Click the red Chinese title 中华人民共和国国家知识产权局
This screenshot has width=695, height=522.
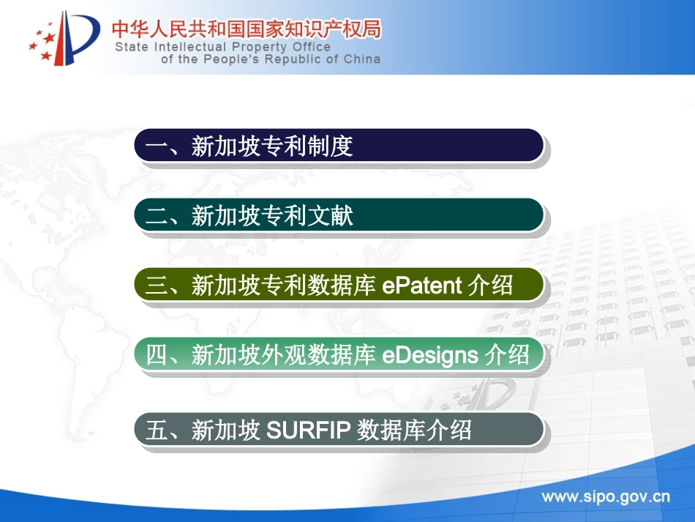pyautogui.click(x=246, y=29)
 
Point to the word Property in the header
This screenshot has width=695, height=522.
pyautogui.click(x=259, y=48)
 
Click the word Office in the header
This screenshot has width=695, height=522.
pyautogui.click(x=312, y=47)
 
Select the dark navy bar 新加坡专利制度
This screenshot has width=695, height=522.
pyautogui.click(x=339, y=146)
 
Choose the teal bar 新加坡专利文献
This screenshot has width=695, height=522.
pyautogui.click(x=339, y=215)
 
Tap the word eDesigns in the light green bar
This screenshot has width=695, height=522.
pyautogui.click(x=430, y=356)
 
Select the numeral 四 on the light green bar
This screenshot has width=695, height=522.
pyautogui.click(x=157, y=355)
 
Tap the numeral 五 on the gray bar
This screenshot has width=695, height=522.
pyautogui.click(x=157, y=430)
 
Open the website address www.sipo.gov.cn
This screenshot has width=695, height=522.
pyautogui.click(x=606, y=497)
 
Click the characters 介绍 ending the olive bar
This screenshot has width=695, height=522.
pyautogui.click(x=491, y=285)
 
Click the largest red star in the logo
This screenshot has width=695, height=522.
pyautogui.click(x=49, y=37)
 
